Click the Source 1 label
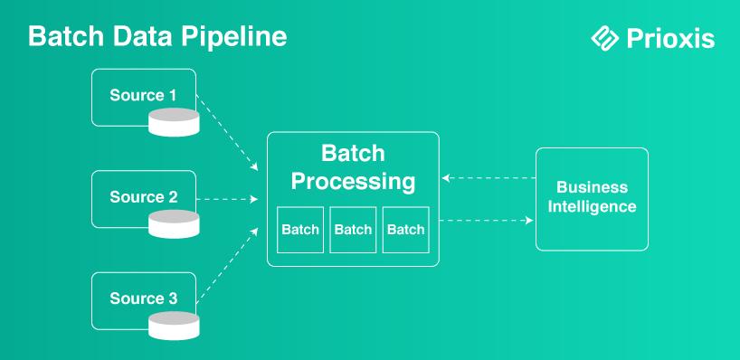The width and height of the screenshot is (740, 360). pyautogui.click(x=143, y=95)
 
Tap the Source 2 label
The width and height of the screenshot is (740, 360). pyautogui.click(x=144, y=197)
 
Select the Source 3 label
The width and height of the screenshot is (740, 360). pyautogui.click(x=144, y=298)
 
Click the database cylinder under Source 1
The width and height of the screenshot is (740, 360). pyautogui.click(x=174, y=122)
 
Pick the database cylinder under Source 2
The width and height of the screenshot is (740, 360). pyautogui.click(x=174, y=224)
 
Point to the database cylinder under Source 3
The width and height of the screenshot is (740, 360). pyautogui.click(x=174, y=326)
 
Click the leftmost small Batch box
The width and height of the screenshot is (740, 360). pyautogui.click(x=300, y=230)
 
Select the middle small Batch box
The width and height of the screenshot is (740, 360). pyautogui.click(x=353, y=230)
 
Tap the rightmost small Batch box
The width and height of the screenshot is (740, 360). pyautogui.click(x=406, y=230)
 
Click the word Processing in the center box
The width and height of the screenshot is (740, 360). pyautogui.click(x=353, y=182)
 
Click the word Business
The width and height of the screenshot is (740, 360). pyautogui.click(x=593, y=187)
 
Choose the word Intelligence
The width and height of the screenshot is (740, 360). pyautogui.click(x=593, y=206)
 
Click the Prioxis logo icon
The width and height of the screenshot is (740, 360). pyautogui.click(x=605, y=38)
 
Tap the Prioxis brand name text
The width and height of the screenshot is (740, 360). pyautogui.click(x=670, y=38)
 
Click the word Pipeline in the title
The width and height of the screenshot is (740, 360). pyautogui.click(x=233, y=37)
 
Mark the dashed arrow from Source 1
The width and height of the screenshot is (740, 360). pyautogui.click(x=227, y=133)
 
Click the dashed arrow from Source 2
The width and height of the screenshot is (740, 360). pyautogui.click(x=227, y=200)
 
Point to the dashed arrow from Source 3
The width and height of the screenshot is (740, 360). pyautogui.click(x=227, y=265)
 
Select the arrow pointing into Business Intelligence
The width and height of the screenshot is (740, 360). pyautogui.click(x=486, y=221)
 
